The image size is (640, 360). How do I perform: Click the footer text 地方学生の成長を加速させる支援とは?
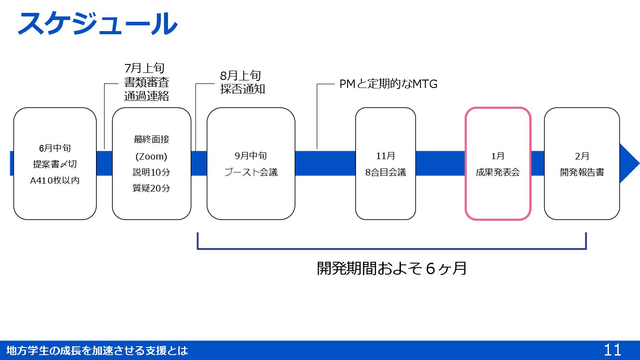[97, 351]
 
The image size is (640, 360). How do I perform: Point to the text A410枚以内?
[55, 180]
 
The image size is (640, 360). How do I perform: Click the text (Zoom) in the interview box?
[151, 156]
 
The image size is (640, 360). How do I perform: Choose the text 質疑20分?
[151, 188]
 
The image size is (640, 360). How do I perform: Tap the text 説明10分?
[151, 172]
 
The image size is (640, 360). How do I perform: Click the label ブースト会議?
[251, 172]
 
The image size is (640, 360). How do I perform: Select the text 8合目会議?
[385, 172]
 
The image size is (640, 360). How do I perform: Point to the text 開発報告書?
[582, 172]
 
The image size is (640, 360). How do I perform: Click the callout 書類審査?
[146, 82]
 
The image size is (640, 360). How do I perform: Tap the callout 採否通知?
[242, 89]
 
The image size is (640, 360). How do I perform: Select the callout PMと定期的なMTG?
[388, 84]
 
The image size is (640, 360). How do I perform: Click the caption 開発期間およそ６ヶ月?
[392, 268]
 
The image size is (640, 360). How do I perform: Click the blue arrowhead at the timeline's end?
[628, 163]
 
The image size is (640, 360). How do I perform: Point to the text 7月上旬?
[144, 68]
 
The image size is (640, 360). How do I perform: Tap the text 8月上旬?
[240, 76]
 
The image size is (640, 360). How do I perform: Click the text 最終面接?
[151, 140]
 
